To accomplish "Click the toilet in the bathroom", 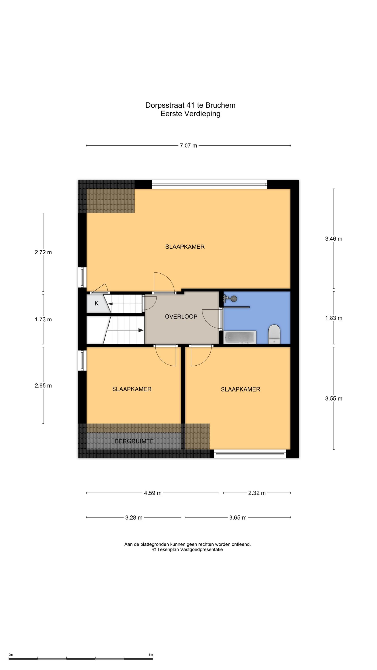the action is (x=274, y=334).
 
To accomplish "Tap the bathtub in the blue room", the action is (x=240, y=337).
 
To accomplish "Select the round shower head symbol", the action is (x=234, y=299).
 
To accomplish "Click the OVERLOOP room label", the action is (x=181, y=316).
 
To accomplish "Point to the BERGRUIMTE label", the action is (x=134, y=441).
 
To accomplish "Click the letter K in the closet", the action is (x=96, y=303).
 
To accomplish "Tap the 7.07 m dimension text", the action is (x=188, y=146).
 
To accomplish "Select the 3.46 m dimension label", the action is (x=333, y=239).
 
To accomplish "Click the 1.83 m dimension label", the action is (x=333, y=318).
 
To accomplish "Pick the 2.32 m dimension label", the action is (x=257, y=493).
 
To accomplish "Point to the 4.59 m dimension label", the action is (x=153, y=493).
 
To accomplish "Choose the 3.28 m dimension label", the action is (x=134, y=518).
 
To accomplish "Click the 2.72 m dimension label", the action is (x=43, y=252).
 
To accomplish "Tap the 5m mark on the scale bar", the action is (x=151, y=653).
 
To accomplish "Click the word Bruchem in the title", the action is (x=220, y=105).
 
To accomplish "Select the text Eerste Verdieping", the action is (x=191, y=114).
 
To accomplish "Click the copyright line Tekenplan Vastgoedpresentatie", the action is (x=188, y=550).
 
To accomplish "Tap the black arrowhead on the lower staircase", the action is (x=141, y=330).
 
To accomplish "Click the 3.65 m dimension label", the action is (x=238, y=518).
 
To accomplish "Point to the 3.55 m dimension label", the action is (x=333, y=399).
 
